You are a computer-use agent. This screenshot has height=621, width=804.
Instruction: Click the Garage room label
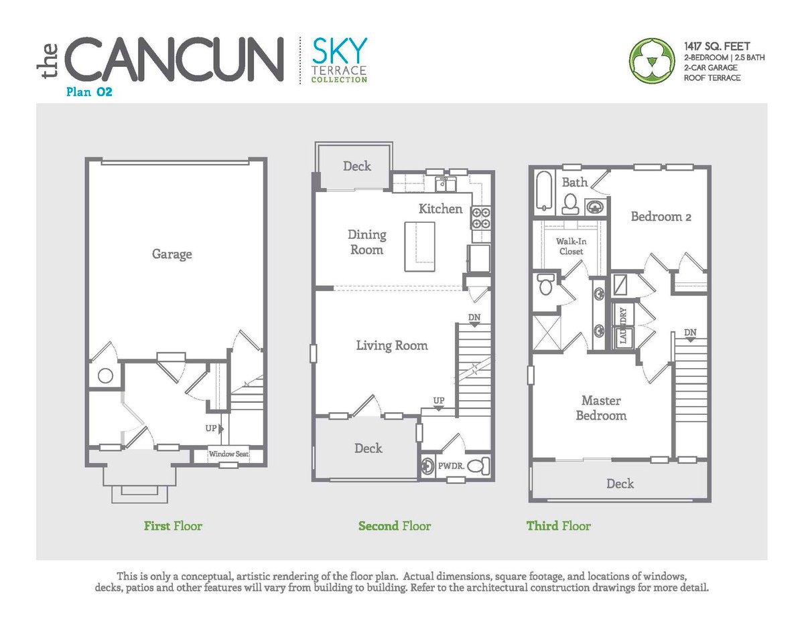coord(172,254)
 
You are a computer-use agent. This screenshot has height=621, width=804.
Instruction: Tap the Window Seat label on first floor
coord(228,454)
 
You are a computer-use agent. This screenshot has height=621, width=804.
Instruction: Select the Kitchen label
coord(440,209)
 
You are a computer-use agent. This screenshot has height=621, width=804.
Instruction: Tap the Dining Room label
coord(366,242)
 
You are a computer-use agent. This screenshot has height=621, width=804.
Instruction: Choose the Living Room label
coord(391,346)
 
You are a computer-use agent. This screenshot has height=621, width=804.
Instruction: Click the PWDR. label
coord(448,464)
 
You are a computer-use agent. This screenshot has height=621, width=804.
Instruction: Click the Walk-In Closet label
coord(569,246)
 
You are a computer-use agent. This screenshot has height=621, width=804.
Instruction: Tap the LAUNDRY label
coord(623,326)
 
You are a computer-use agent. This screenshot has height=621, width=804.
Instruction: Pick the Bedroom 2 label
coord(661,217)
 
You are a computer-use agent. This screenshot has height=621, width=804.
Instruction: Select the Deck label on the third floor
coord(620,483)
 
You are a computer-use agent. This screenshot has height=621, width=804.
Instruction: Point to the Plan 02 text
coord(89,93)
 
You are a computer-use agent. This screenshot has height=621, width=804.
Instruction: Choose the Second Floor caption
coord(395,526)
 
